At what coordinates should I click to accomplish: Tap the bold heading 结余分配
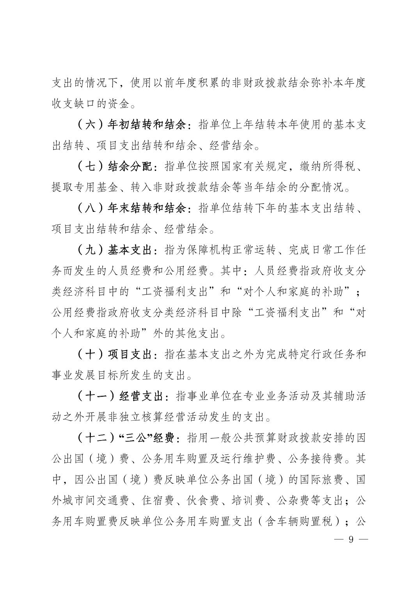tap(130, 168)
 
